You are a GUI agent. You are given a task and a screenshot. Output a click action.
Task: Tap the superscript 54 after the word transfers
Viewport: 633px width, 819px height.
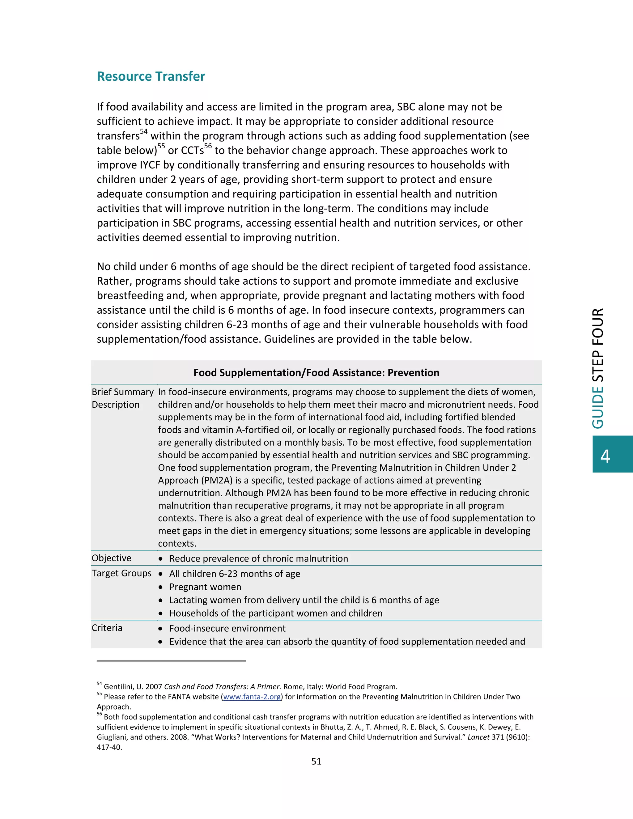pyautogui.click(x=144, y=132)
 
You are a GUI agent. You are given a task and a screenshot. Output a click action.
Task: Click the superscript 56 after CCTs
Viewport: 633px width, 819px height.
pyautogui.click(x=208, y=146)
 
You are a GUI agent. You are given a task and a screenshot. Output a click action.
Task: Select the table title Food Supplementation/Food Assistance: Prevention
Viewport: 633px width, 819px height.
pyautogui.click(x=316, y=372)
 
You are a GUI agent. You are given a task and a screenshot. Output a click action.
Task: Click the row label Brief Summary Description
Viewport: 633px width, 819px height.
pyautogui.click(x=123, y=398)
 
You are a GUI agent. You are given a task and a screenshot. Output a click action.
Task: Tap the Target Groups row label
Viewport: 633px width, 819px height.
pyautogui.click(x=121, y=573)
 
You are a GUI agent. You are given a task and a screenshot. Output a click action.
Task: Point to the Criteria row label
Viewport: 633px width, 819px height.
pyautogui.click(x=107, y=628)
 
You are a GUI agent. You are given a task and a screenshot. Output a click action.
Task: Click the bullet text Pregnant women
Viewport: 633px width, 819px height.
pyautogui.click(x=205, y=587)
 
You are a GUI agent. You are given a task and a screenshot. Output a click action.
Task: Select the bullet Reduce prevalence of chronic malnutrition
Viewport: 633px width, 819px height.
pyautogui.click(x=258, y=558)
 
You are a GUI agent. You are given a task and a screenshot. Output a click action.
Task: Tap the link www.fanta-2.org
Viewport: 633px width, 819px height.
pyautogui.click(x=252, y=697)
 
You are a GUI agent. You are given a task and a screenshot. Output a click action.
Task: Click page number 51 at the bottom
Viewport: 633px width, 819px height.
pyautogui.click(x=316, y=761)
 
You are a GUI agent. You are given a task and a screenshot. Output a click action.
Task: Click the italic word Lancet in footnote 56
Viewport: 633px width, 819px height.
pyautogui.click(x=478, y=737)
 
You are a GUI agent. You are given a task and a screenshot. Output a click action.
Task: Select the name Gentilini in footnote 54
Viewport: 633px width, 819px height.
pyautogui.click(x=118, y=687)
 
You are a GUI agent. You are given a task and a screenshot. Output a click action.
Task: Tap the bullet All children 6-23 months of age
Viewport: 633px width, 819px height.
pyautogui.click(x=234, y=574)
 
